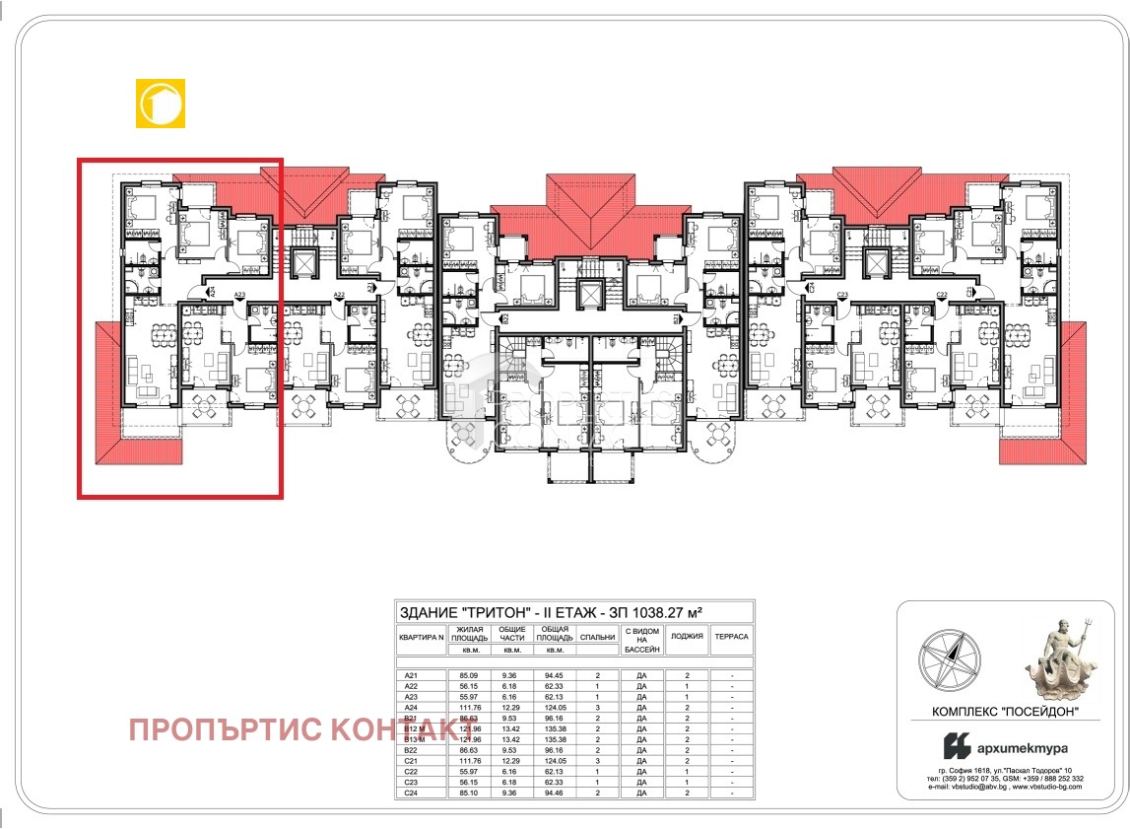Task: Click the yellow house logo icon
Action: coord(160,103)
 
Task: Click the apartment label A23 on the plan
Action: coord(239,295)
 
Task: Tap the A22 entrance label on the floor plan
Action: coord(338,295)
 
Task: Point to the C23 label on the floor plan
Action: coord(842,295)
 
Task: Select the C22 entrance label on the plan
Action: coord(942,295)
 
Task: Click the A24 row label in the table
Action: coord(411,707)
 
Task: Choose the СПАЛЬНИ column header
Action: coord(597,637)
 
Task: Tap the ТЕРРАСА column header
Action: coord(732,637)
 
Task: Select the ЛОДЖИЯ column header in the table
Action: coord(687,637)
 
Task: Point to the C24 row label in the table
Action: coord(411,794)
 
